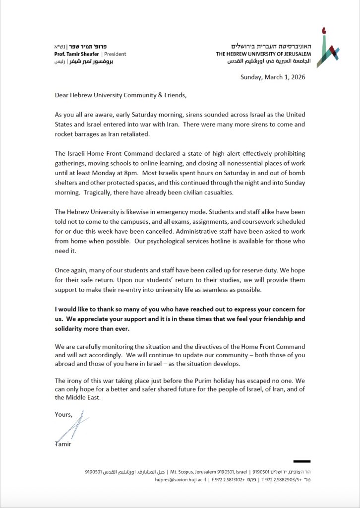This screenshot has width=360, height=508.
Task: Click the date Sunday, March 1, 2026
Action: point(273,77)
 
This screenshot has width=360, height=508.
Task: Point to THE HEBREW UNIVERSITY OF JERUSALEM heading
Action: point(263,54)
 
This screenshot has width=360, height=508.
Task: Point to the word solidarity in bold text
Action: point(71,329)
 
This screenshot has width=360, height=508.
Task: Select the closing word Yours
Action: point(63,414)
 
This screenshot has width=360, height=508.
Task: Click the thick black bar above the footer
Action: point(301,461)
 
